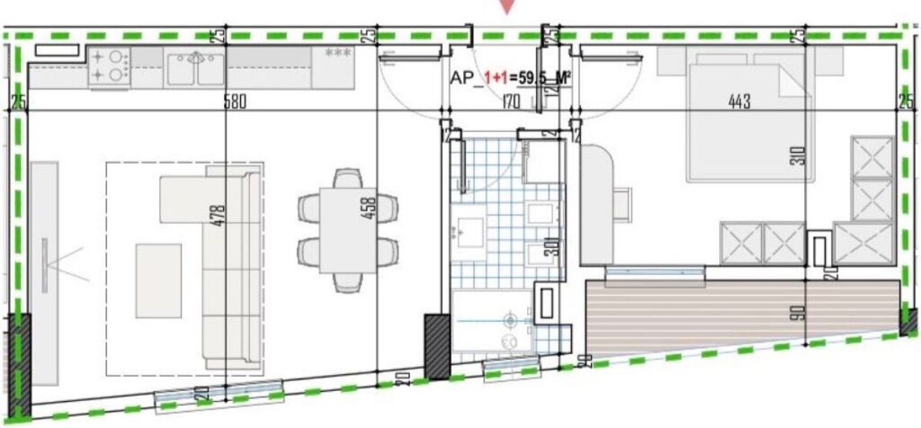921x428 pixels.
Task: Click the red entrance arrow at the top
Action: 509,6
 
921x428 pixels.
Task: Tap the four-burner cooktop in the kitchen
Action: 109,66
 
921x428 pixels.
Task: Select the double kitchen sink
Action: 193,67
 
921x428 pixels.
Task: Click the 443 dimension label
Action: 739,102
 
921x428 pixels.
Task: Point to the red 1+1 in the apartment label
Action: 494,78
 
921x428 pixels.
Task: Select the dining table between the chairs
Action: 346,229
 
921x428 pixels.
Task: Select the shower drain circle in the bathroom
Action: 511,319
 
